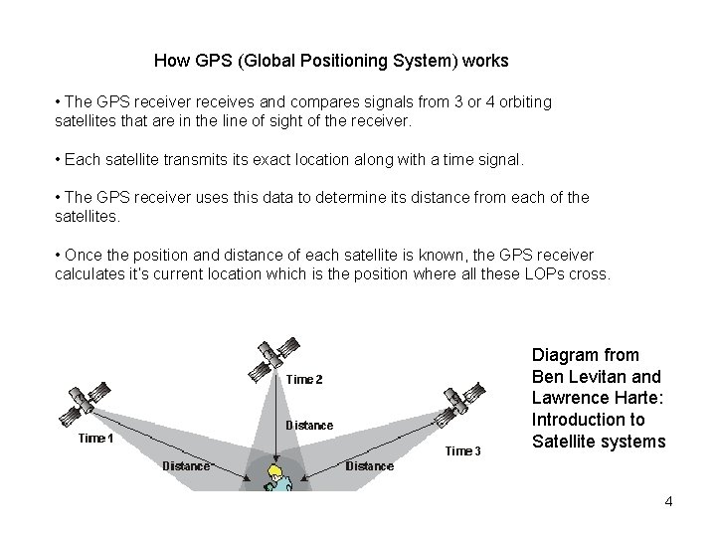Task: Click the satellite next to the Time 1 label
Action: click(x=83, y=402)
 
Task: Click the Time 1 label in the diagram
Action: click(x=96, y=439)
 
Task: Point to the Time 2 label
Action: click(x=304, y=379)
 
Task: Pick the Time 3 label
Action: click(x=463, y=451)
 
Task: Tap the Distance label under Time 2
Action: click(x=309, y=426)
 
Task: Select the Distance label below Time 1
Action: click(x=186, y=465)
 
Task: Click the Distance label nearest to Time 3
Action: click(x=369, y=465)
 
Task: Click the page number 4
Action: click(x=668, y=501)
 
